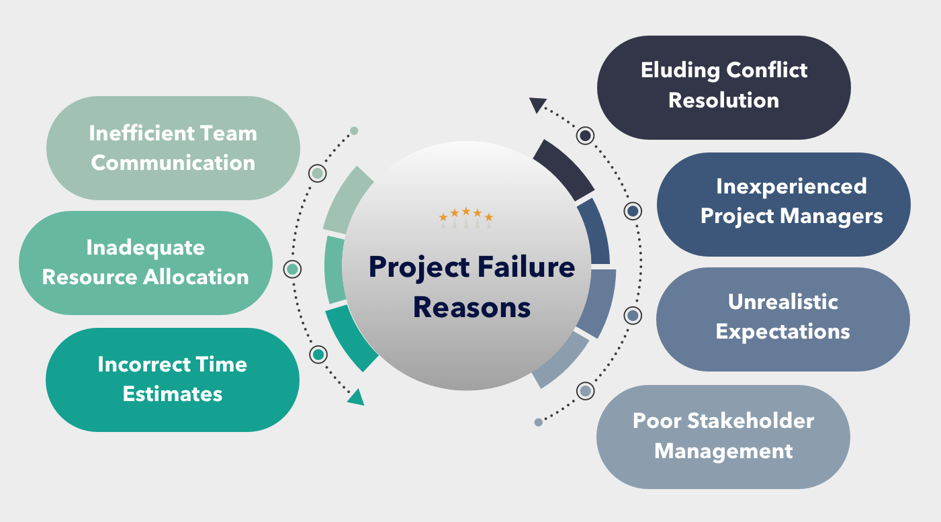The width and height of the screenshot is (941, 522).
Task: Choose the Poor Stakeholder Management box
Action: pos(723,436)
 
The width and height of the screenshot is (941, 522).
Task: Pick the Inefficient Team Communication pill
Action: pos(173,148)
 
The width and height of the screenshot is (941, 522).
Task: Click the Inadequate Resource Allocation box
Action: pos(145,263)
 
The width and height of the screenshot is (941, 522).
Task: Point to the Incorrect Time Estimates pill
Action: pos(172,380)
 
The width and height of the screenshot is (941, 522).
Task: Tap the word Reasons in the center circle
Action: pos(472,307)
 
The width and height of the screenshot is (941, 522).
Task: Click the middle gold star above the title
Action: pos(466,212)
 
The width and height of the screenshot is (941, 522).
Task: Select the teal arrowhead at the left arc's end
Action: pos(356,397)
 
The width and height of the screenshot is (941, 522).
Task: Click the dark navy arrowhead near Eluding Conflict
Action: pos(537,104)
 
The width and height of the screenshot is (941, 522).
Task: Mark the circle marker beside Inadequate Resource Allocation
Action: pos(292,269)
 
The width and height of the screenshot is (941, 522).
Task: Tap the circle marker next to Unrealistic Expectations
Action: pos(632,315)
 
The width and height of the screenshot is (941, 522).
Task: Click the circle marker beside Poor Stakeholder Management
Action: pos(586,390)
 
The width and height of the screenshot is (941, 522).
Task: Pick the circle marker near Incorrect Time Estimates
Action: pos(318,354)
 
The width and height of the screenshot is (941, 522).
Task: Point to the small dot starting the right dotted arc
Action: pos(538,422)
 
